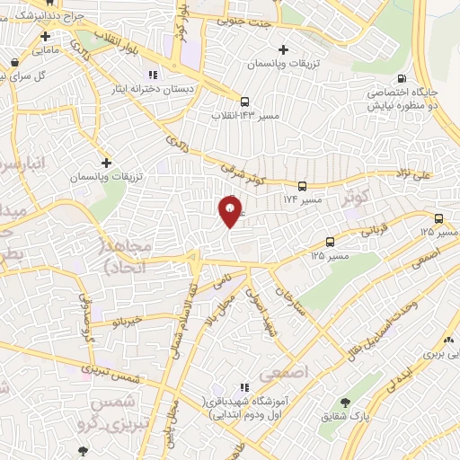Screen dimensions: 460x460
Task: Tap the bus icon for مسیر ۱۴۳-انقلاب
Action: click(x=245, y=101)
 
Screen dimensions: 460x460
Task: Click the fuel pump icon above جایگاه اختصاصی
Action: click(x=402, y=77)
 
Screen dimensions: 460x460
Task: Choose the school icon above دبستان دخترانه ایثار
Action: click(x=153, y=74)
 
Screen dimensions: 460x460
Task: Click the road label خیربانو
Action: click(x=125, y=320)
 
